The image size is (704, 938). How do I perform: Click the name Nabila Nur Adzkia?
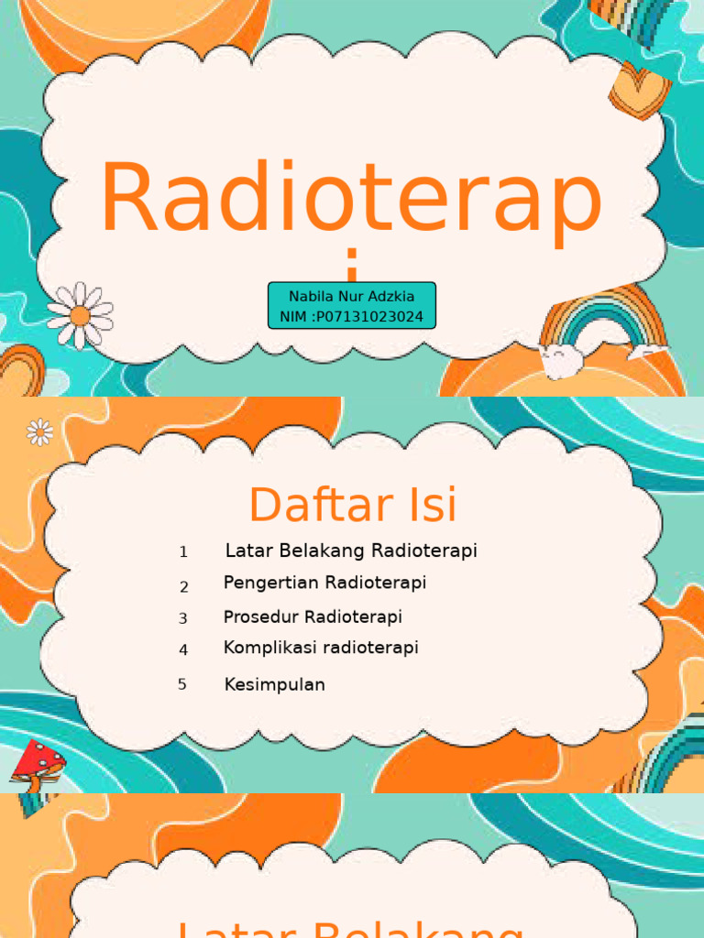pyautogui.click(x=351, y=297)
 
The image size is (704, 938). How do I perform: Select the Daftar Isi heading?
pyautogui.click(x=352, y=505)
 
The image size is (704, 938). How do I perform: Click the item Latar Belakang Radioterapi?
pyautogui.click(x=351, y=551)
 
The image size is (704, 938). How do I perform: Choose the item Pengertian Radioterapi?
pyautogui.click(x=324, y=583)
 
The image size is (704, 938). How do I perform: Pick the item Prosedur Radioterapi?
pyautogui.click(x=313, y=616)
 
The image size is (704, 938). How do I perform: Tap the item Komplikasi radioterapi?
pyautogui.click(x=321, y=648)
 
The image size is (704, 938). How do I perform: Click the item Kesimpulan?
pyautogui.click(x=274, y=684)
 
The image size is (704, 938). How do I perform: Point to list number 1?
pyautogui.click(x=183, y=552)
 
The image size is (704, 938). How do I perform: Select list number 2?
pyautogui.click(x=183, y=587)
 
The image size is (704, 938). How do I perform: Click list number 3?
pyautogui.click(x=183, y=619)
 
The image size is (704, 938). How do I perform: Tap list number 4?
pyautogui.click(x=183, y=650)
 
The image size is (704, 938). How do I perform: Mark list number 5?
pyautogui.click(x=182, y=684)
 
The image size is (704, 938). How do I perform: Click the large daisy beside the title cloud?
pyautogui.click(x=80, y=316)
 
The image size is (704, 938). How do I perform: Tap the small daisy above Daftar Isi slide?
pyautogui.click(x=40, y=431)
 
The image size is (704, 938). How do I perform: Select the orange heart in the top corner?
pyautogui.click(x=639, y=89)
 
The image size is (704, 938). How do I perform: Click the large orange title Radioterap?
pyautogui.click(x=351, y=202)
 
